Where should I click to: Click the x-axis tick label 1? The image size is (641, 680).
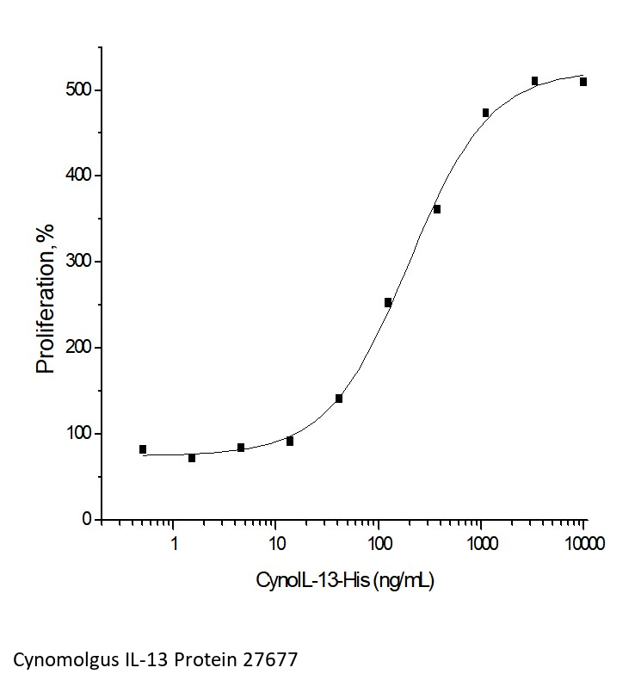pyautogui.click(x=174, y=544)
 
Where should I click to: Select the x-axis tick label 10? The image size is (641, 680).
pyautogui.click(x=276, y=544)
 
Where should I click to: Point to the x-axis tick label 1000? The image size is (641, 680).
pyautogui.click(x=481, y=544)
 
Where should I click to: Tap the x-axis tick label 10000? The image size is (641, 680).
pyautogui.click(x=584, y=544)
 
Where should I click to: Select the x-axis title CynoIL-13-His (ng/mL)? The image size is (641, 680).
pyautogui.click(x=345, y=581)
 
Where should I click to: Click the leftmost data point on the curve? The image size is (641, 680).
pyautogui.click(x=143, y=449)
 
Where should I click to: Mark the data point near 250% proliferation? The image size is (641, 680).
pyautogui.click(x=388, y=302)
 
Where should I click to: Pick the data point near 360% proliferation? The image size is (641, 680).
pyautogui.click(x=437, y=209)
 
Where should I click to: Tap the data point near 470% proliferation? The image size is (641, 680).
pyautogui.click(x=486, y=113)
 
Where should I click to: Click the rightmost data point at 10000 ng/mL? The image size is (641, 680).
pyautogui.click(x=583, y=82)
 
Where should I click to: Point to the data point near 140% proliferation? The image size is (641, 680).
pyautogui.click(x=339, y=399)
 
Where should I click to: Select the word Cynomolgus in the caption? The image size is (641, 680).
pyautogui.click(x=56, y=660)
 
